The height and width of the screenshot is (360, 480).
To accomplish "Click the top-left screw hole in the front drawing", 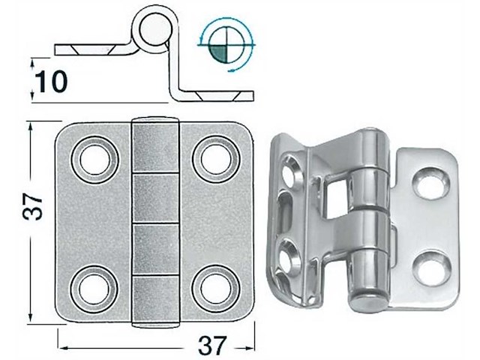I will [93, 158].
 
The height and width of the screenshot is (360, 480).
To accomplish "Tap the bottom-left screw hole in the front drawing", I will [93, 288].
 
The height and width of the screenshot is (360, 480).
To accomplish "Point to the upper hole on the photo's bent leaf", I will [289, 175].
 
